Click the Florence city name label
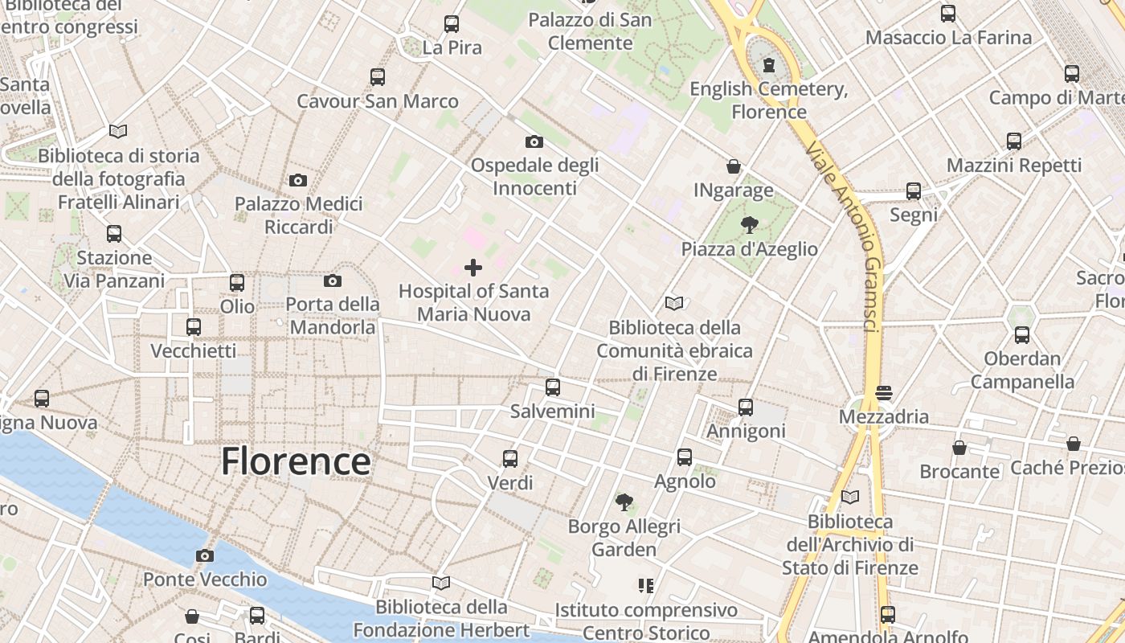coord(296,462)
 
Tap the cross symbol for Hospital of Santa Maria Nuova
coord(473,268)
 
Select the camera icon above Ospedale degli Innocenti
coord(534,142)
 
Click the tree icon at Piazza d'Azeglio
coord(749,225)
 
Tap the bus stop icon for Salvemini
coord(553,387)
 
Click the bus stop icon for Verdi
coord(510,459)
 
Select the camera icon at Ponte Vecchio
coord(205,555)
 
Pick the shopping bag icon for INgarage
coord(734,166)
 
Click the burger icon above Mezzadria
coord(884,393)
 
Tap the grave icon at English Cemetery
coord(769,64)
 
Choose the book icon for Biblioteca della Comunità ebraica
coord(673,304)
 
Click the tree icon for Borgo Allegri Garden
coord(624,502)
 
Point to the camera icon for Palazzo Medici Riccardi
coord(298,180)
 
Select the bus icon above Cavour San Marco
coord(378,77)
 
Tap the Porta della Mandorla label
coord(333,316)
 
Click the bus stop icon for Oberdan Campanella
coord(1022,335)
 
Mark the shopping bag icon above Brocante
coord(959,448)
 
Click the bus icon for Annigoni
coord(746,408)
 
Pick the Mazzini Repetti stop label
coord(1014,166)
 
